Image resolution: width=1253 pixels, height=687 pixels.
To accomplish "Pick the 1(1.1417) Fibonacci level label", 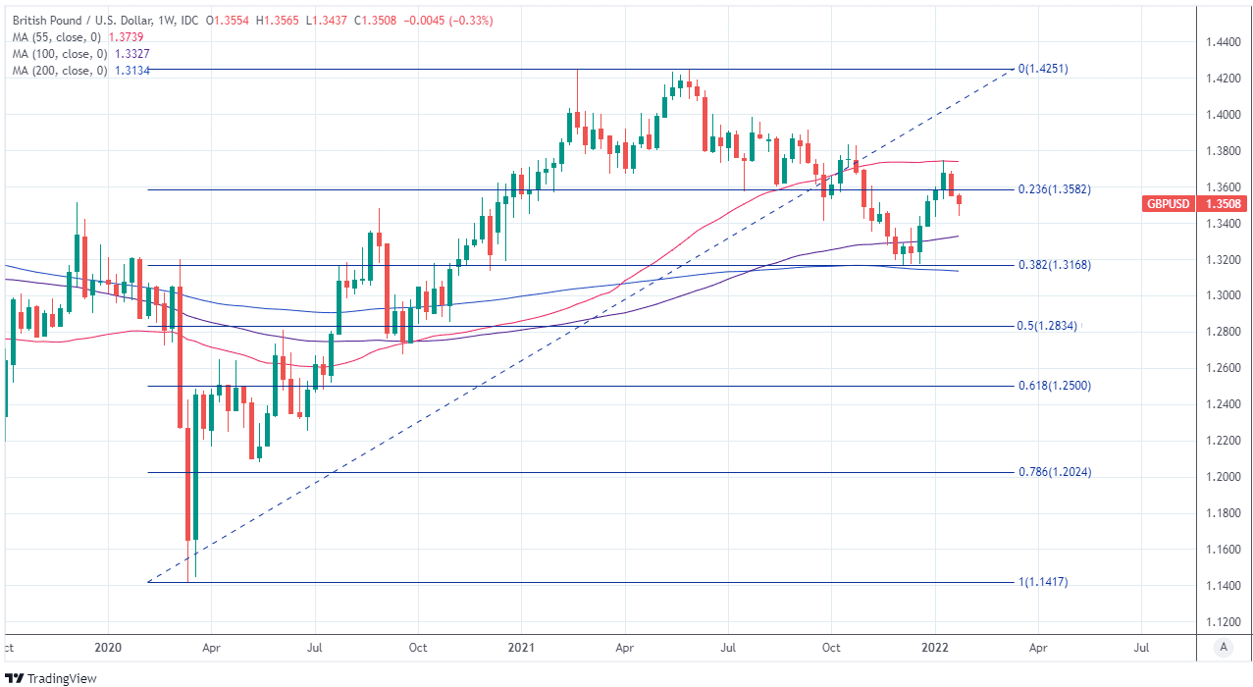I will pos(1042,582).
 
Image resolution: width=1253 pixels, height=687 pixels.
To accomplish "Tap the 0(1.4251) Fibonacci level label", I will pos(1042,70).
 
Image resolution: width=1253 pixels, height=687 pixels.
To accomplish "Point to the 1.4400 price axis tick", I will pos(1223,42).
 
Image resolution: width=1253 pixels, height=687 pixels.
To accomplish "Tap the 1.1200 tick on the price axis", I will pos(1223,622).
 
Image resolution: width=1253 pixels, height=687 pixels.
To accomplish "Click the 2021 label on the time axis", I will pos(521,648).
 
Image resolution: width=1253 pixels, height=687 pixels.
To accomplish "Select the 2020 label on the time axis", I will pos(107,648).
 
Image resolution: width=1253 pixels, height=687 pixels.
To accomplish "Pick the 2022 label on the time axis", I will pos(934,648).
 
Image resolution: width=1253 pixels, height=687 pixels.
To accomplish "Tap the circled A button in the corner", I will pos(1223,647).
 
